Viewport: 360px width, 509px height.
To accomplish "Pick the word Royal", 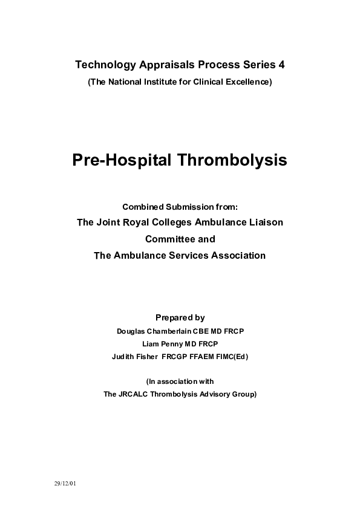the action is pyautogui.click(x=140, y=222).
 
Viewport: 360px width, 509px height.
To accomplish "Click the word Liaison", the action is pyautogui.click(x=264, y=222).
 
